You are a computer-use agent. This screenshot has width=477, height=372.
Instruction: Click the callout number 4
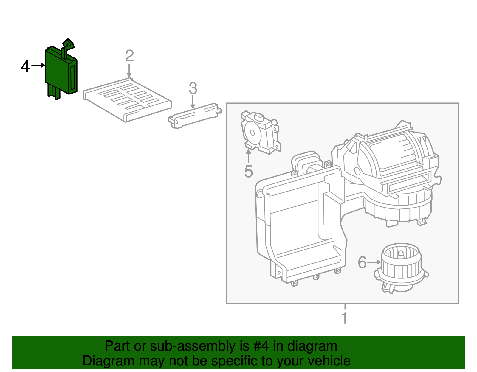click(x=25, y=66)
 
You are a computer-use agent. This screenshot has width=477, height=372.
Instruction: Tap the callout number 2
click(x=129, y=56)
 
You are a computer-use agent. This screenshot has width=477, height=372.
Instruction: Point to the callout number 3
click(x=193, y=88)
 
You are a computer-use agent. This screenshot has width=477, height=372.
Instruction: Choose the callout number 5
click(x=248, y=172)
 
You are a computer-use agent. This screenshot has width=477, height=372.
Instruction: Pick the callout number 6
click(x=362, y=262)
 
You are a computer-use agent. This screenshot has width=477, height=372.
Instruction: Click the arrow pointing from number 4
click(x=38, y=65)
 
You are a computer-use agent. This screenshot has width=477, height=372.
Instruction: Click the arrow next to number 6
click(x=374, y=262)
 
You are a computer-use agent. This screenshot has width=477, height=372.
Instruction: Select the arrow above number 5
click(x=248, y=156)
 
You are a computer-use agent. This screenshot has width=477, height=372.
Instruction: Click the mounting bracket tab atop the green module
click(x=67, y=45)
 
